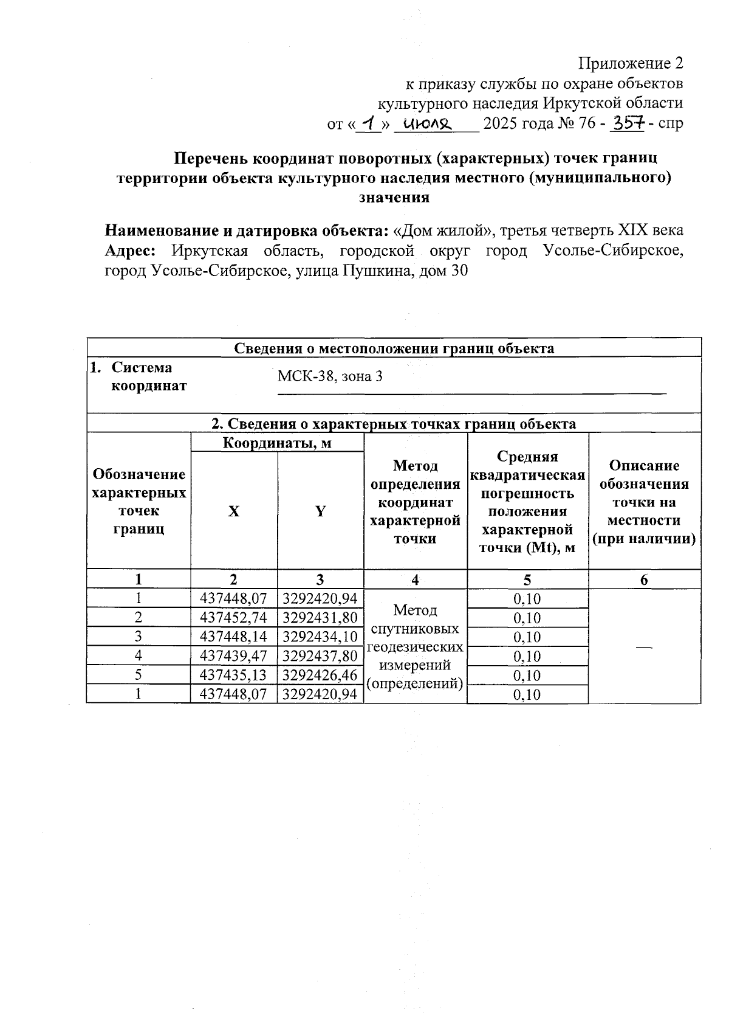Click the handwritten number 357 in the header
click(628, 123)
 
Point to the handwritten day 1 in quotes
click(368, 123)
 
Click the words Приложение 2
click(631, 63)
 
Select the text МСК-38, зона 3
click(330, 376)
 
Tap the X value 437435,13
click(234, 675)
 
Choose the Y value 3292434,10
click(320, 637)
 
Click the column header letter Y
click(320, 511)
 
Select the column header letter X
click(234, 511)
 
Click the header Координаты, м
click(277, 443)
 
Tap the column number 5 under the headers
click(527, 579)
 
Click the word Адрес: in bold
click(131, 251)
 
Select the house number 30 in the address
click(459, 271)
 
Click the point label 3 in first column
click(139, 637)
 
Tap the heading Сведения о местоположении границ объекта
click(394, 348)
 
